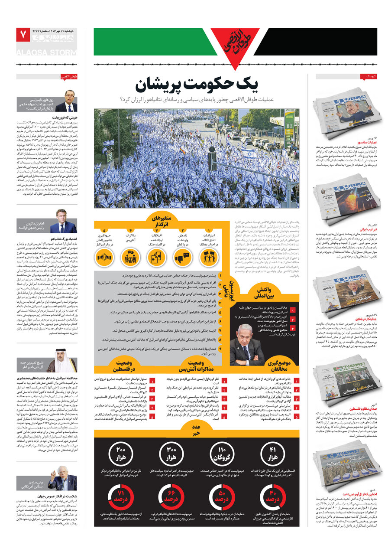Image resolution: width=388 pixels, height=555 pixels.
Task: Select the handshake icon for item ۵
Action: tap(104, 257)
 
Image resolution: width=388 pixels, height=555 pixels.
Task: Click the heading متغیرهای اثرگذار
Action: tap(161, 220)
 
